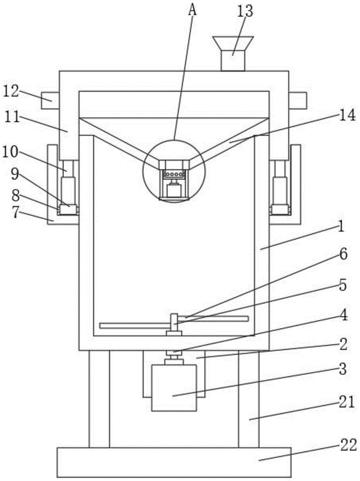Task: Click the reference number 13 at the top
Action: click(x=244, y=11)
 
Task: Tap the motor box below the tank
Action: click(x=174, y=387)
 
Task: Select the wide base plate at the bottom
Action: click(x=174, y=462)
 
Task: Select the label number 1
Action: click(x=341, y=226)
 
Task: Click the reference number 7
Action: click(x=17, y=213)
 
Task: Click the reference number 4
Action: click(x=343, y=316)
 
